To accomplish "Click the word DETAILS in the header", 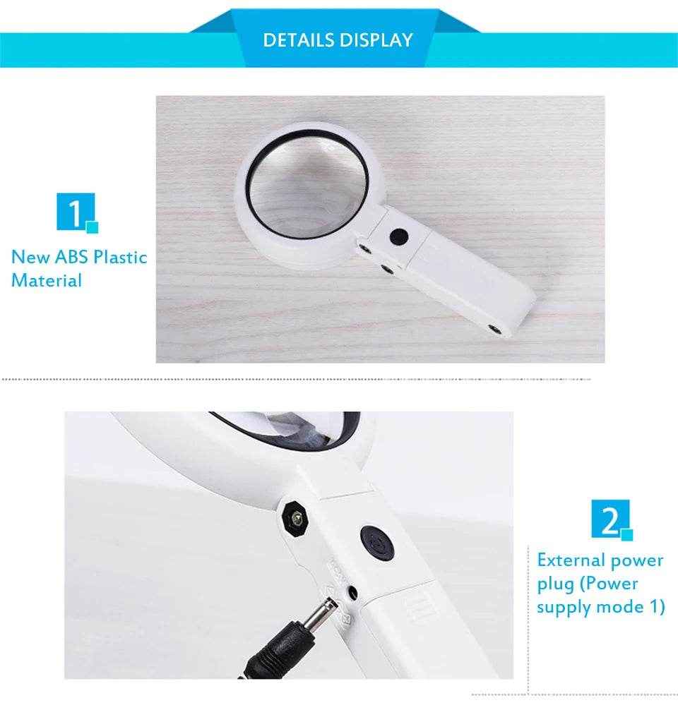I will [x=299, y=40].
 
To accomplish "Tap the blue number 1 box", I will [x=73, y=212].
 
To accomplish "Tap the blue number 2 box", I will [x=608, y=520].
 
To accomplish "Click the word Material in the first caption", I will [x=47, y=280].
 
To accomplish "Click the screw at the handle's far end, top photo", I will [x=496, y=327].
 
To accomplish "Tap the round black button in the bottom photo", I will [x=376, y=541].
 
